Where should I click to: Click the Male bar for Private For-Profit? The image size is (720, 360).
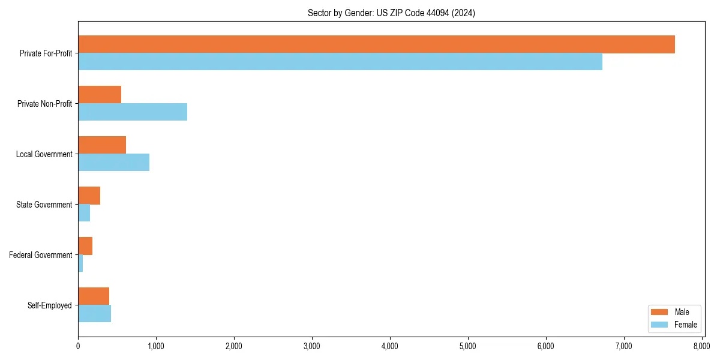(376, 44)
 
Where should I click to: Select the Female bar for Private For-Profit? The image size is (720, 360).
(340, 62)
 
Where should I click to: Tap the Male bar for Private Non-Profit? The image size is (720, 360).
(100, 95)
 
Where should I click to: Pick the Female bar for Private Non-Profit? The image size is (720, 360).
(133, 112)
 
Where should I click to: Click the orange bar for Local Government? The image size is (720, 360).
(102, 145)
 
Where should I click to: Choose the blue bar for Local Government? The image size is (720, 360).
(113, 163)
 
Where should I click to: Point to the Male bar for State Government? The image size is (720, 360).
(89, 196)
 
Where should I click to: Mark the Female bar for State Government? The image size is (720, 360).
(84, 213)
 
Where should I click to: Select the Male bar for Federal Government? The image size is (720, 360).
(85, 246)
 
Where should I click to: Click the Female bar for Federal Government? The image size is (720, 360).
(80, 263)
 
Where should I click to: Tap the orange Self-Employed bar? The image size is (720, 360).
(94, 296)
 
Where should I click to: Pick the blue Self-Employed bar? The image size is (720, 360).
(94, 314)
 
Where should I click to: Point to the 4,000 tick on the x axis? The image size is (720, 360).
(390, 346)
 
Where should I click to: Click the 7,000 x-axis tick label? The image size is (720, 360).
(624, 346)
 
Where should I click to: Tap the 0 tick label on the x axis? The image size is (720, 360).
(78, 346)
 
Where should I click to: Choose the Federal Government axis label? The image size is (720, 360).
(41, 255)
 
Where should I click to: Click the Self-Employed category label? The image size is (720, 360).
(50, 305)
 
